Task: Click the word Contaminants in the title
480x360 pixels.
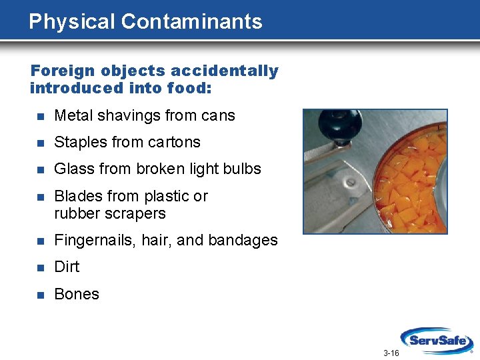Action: point(191,21)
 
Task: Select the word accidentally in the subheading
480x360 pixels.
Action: point(224,71)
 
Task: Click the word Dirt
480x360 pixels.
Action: point(67,267)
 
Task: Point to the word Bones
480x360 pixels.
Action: point(77,294)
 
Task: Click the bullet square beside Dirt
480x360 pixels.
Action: point(39,267)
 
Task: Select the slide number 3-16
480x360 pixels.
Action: point(391,353)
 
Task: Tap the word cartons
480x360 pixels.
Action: point(177,143)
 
